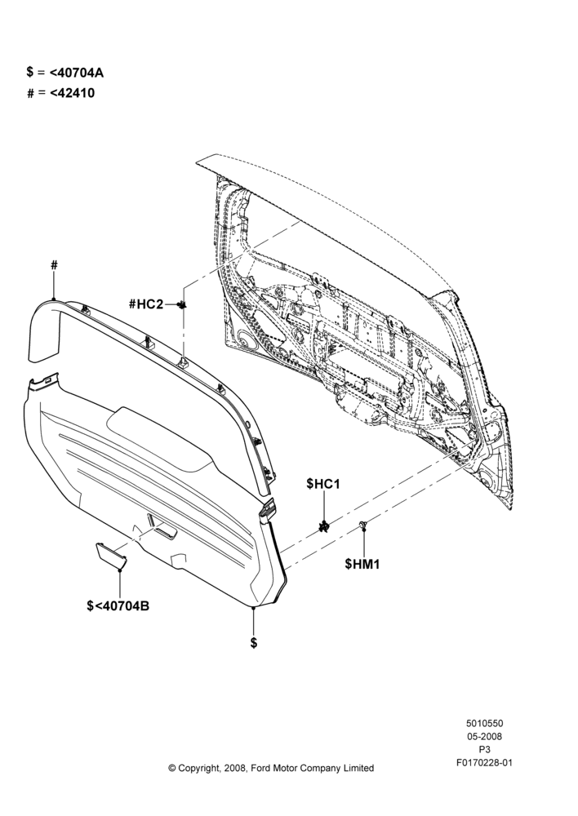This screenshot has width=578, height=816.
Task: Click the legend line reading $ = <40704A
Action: tap(65, 73)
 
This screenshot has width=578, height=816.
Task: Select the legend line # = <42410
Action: tap(61, 93)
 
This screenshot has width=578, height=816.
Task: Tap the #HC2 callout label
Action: tap(146, 304)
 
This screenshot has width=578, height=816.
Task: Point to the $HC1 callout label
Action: tap(323, 484)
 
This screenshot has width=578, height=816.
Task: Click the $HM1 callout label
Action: tap(362, 564)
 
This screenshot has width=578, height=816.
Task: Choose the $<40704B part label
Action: tap(118, 605)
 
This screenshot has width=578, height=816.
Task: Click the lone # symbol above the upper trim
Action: tap(54, 265)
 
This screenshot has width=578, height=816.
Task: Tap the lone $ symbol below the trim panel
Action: tap(254, 642)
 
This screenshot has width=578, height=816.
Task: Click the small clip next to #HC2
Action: tap(182, 304)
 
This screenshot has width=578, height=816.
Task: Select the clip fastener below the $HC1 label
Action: tap(324, 526)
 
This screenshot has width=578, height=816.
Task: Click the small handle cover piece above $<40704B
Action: tap(111, 555)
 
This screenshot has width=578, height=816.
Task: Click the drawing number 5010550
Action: tap(484, 723)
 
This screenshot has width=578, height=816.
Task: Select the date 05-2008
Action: tap(484, 736)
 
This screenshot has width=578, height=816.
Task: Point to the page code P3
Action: tap(484, 750)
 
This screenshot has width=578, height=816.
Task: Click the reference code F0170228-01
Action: tap(484, 763)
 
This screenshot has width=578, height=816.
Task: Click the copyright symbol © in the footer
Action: tap(171, 768)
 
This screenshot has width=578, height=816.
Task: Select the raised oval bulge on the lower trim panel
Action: tap(162, 440)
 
